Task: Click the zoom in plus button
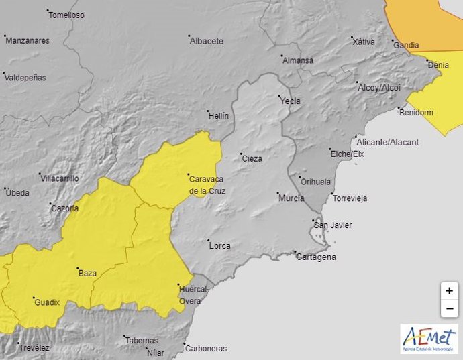[x=449, y=292]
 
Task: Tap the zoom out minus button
[x=449, y=308]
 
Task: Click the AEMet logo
[x=429, y=339]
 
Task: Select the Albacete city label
[x=207, y=41]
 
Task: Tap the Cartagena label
[x=316, y=257]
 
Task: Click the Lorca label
[x=220, y=245]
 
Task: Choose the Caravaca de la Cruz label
[x=207, y=185]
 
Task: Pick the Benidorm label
[x=416, y=113]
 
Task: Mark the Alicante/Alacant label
[x=388, y=142]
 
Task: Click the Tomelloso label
[x=67, y=15]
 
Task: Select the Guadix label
[x=47, y=302]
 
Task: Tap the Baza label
[x=87, y=274]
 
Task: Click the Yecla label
[x=291, y=101]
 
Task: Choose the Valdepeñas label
[x=25, y=78]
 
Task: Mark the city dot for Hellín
[x=208, y=111]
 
